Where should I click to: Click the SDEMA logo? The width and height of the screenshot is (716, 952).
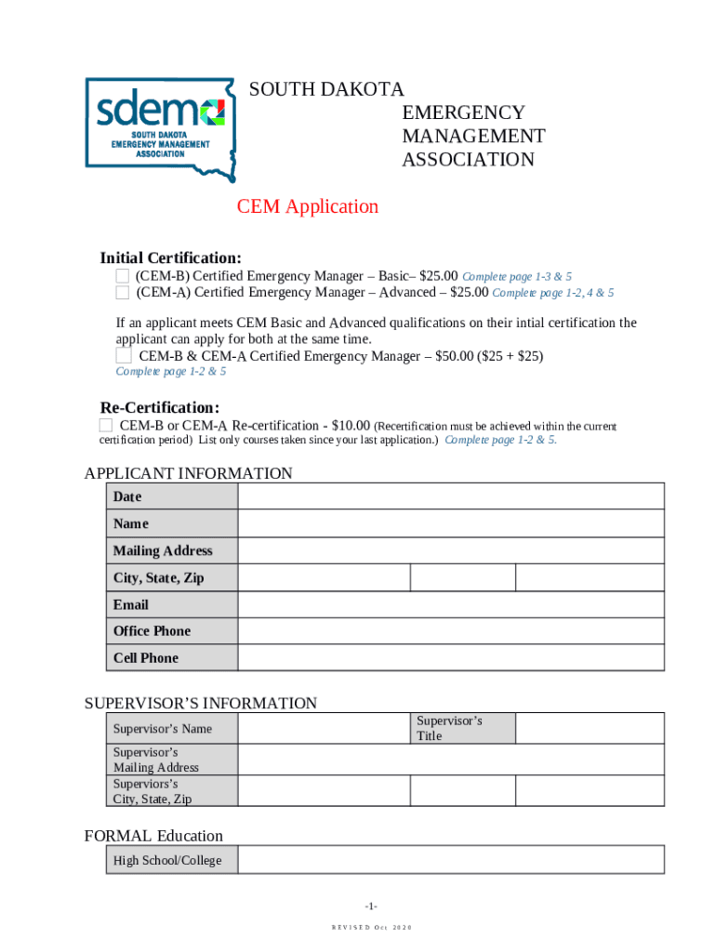click(x=160, y=128)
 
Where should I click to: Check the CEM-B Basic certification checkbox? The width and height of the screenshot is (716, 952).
click(x=123, y=276)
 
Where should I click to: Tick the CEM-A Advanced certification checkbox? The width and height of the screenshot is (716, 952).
click(x=123, y=293)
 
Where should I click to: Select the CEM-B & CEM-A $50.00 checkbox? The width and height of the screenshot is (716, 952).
click(x=124, y=356)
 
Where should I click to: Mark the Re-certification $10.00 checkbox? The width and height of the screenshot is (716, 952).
click(x=106, y=426)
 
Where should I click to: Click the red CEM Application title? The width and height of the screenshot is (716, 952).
click(x=308, y=206)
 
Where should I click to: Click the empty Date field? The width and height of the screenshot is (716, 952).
click(x=451, y=496)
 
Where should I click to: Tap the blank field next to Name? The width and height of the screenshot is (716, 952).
click(x=451, y=523)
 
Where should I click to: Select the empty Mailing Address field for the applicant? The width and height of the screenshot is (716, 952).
click(x=451, y=550)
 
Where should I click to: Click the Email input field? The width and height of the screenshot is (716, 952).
click(x=451, y=604)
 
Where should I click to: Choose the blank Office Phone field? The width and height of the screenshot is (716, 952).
click(x=451, y=630)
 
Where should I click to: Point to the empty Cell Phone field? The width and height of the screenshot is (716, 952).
click(x=451, y=657)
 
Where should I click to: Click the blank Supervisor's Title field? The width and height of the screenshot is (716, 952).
click(x=590, y=728)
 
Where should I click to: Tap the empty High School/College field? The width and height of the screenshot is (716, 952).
click(x=451, y=860)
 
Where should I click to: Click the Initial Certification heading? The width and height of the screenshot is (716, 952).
click(x=171, y=258)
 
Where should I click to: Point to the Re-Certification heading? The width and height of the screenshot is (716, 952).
click(x=160, y=408)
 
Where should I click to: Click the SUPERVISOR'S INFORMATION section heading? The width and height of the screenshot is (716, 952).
click(x=201, y=703)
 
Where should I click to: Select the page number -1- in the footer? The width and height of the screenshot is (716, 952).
click(x=371, y=906)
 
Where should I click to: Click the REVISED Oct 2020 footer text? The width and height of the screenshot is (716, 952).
click(x=371, y=928)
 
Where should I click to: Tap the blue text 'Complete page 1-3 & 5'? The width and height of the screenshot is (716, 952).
click(x=517, y=277)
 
